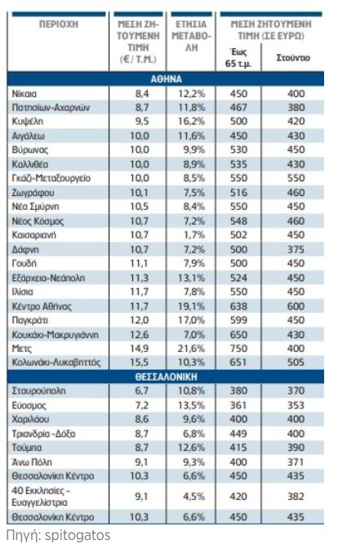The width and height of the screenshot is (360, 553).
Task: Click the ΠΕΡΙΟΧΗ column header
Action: point(59,25)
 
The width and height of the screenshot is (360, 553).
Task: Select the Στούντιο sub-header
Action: point(293,57)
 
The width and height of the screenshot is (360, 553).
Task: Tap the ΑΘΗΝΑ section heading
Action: point(166,79)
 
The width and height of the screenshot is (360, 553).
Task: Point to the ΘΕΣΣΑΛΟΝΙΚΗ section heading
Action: point(166,377)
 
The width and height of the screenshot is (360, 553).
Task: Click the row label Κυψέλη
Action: point(28,122)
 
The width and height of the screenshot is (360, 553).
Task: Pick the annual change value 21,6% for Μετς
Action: point(191,349)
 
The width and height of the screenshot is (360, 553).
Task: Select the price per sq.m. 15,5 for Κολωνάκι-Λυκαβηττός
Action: point(140,362)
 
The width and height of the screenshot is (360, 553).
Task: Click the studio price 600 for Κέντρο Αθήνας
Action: point(296,306)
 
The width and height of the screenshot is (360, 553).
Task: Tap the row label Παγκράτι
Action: point(30,320)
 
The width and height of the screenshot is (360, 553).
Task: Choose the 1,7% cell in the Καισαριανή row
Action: point(194,235)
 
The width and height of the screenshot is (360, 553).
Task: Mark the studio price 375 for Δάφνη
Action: point(296,249)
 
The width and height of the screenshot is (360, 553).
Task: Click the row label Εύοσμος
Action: point(29,406)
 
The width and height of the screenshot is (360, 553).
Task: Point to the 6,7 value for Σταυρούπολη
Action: point(142,390)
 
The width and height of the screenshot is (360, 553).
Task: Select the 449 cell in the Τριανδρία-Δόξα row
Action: point(238,434)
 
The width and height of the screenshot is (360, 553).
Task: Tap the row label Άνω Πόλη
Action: point(32,462)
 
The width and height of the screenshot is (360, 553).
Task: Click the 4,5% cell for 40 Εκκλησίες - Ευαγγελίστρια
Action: point(194,497)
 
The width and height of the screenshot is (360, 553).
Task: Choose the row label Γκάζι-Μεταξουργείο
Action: point(51,178)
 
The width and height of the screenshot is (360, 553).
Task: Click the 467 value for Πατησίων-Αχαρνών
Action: point(238,108)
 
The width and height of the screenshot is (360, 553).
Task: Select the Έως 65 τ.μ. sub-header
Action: point(238,58)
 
